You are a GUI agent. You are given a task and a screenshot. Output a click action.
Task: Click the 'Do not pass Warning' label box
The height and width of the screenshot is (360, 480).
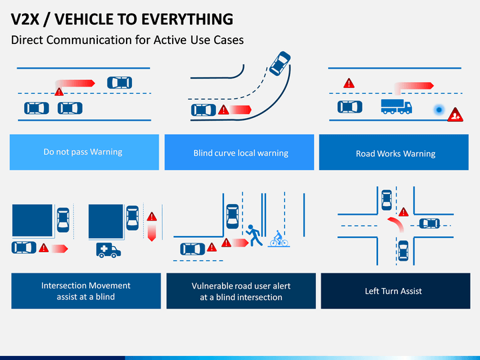point(84,152)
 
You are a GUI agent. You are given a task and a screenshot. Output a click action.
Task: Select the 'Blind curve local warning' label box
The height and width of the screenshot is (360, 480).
point(239,152)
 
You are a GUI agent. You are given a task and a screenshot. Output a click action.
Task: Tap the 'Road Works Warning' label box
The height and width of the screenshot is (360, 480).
point(394,152)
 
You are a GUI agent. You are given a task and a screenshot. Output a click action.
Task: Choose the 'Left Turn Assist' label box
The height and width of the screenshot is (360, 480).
point(395,291)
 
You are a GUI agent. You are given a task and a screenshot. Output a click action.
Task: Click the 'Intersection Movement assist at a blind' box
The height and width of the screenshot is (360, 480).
point(86,291)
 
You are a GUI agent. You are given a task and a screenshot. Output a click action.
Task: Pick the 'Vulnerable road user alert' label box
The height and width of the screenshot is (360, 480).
point(241,291)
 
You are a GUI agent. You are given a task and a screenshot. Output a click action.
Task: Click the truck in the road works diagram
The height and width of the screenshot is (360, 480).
point(397,107)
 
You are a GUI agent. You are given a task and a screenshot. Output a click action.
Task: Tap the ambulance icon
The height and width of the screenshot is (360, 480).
point(109,250)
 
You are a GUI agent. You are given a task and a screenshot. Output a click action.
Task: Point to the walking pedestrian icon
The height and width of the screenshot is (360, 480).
point(254,235)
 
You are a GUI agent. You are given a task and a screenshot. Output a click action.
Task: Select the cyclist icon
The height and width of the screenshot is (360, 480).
point(279,239)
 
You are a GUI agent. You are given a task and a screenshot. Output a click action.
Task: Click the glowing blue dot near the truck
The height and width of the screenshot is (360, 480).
point(439,109)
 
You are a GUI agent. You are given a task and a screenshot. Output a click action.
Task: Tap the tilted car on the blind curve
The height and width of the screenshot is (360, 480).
point(280,63)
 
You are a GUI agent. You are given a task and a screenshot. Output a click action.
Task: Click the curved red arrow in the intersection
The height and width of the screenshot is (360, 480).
point(396,224)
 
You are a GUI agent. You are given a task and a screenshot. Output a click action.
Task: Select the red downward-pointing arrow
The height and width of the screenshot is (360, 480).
point(152,233)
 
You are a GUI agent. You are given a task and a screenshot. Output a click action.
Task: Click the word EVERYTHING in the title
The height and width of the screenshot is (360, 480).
point(187,19)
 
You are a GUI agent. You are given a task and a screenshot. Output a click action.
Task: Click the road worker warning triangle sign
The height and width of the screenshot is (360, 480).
point(455,115)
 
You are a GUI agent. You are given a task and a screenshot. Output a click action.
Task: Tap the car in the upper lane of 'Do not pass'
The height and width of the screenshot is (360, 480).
point(120,83)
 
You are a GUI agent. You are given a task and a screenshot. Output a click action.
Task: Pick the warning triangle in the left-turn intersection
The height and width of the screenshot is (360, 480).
point(403,212)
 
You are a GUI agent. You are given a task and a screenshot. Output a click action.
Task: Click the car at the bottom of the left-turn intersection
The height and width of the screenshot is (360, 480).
point(403,251)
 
